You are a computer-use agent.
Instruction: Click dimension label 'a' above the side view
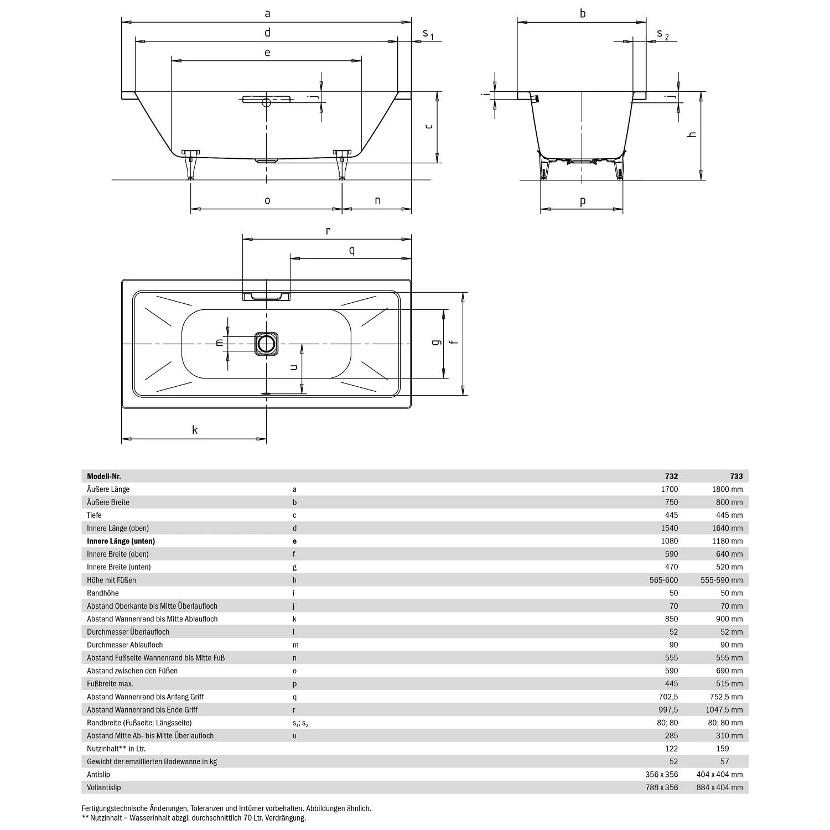[267, 13]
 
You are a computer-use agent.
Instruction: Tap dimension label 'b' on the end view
[583, 13]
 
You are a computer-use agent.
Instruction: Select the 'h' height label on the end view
[692, 135]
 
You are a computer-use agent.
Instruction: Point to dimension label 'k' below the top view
[195, 430]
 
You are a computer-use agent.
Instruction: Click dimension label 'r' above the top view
[328, 231]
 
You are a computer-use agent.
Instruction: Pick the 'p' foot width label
[583, 201]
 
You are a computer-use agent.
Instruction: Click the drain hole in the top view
[267, 344]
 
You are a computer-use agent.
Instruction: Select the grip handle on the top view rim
[266, 297]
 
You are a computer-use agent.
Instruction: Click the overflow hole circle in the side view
[266, 102]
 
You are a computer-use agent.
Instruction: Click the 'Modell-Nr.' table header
[104, 476]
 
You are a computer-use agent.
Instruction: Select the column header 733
[736, 476]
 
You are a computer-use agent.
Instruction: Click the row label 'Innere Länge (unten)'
[121, 541]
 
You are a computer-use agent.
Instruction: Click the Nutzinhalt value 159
[725, 749]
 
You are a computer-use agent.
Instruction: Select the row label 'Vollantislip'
[103, 787]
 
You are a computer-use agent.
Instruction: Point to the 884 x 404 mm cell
[719, 787]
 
